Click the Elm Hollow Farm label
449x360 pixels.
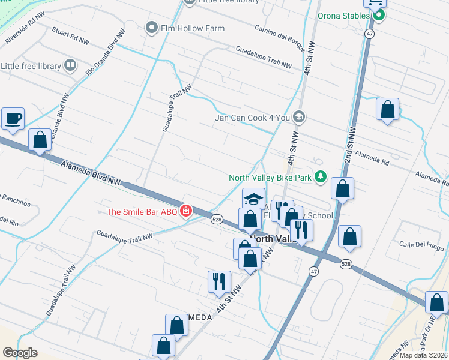tap(192, 28)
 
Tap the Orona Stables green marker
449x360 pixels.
tap(378, 16)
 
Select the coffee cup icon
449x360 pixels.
tap(13, 118)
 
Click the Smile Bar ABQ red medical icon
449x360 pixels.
tap(186, 211)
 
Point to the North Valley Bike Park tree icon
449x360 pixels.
tap(321, 177)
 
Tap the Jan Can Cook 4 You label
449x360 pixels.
tap(253, 118)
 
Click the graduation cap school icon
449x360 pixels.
tap(253, 199)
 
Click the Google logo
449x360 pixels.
tap(20, 353)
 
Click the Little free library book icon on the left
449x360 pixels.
tap(70, 65)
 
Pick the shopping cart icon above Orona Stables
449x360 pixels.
tap(376, 2)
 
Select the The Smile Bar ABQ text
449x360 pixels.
tap(143, 211)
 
